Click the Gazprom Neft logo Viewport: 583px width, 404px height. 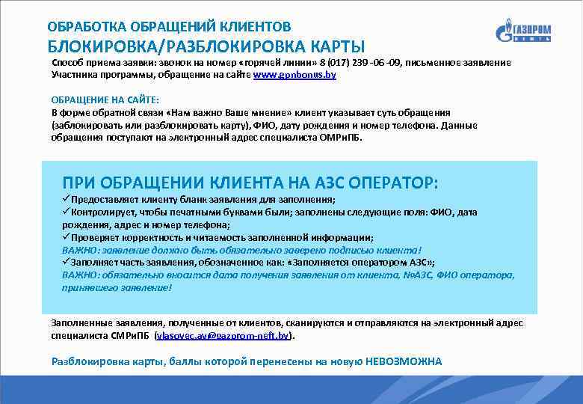tap(523, 32)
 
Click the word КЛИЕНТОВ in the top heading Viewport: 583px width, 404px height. tap(250, 26)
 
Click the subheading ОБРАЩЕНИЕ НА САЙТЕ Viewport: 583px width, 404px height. tap(100, 100)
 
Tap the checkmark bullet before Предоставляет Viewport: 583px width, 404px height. tap(67, 200)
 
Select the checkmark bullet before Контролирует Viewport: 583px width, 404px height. tap(67, 212)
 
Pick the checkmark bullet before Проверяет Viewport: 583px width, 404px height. tap(67, 236)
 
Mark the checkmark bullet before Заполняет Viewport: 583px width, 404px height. tap(67, 262)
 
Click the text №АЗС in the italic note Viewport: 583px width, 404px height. tap(404, 275)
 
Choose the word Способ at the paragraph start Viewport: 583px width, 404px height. tap(68, 64)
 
